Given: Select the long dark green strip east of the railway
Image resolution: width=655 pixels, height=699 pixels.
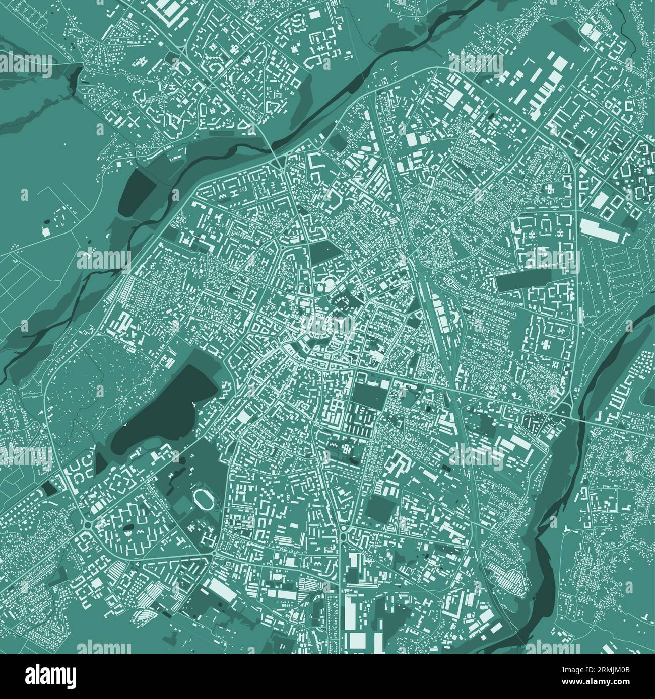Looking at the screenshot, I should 519,282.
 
